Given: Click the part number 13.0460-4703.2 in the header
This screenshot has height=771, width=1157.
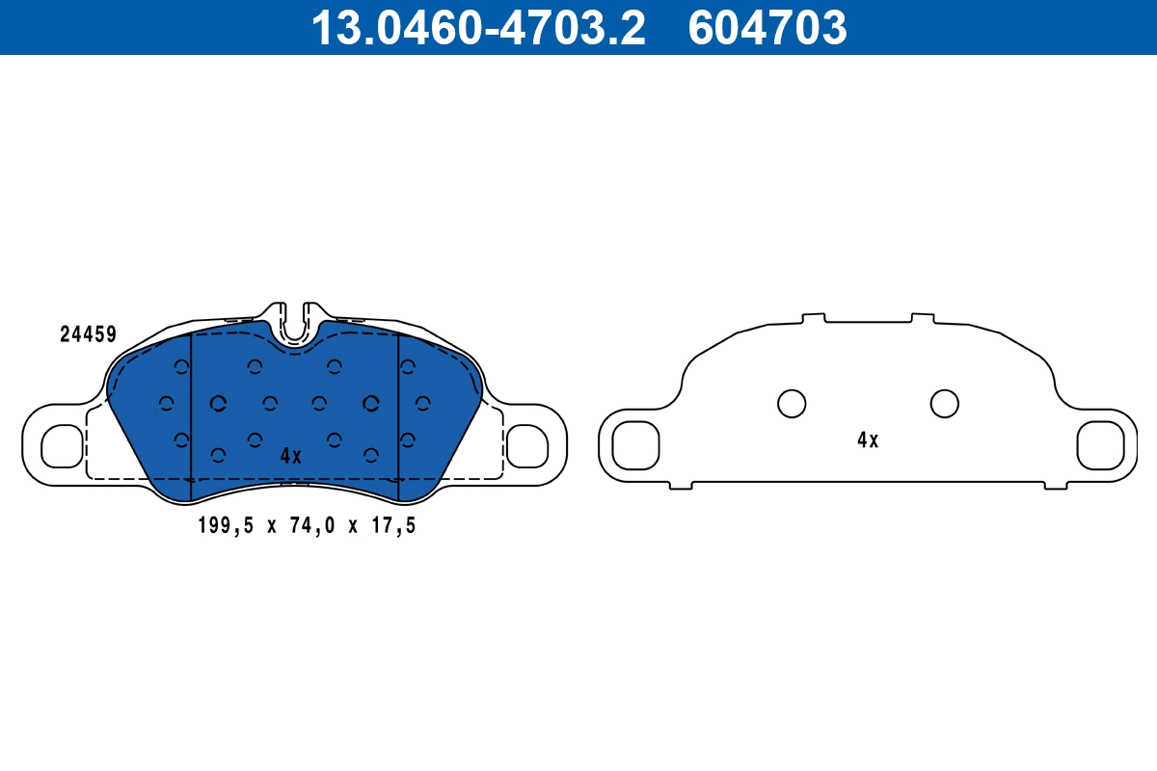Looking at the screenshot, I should point(476,27).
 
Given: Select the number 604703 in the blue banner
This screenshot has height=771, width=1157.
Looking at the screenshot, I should point(767,27).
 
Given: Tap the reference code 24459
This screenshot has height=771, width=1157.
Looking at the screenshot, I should point(88,334).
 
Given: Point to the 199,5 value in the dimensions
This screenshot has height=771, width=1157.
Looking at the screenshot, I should point(223,525).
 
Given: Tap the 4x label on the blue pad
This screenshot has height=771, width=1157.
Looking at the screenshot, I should point(290,456).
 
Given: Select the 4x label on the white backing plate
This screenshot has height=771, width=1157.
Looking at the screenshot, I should point(868,440).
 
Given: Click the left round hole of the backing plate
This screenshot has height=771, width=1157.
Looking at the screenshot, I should point(792,404).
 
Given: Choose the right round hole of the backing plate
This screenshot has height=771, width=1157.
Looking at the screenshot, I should point(944,404).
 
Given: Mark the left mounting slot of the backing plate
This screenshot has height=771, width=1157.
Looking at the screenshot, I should point(635,444).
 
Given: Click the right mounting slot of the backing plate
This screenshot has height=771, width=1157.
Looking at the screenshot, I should point(1100,444).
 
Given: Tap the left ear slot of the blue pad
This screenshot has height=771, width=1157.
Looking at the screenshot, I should point(63,445).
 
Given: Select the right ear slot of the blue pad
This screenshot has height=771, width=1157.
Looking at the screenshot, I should point(526,445).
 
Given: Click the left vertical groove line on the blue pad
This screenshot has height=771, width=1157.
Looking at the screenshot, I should point(192,414).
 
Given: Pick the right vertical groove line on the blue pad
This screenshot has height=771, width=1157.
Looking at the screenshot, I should point(398,414).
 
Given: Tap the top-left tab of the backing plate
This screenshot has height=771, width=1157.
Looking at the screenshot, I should point(814,316).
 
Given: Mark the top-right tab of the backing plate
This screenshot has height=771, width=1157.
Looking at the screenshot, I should point(923,316).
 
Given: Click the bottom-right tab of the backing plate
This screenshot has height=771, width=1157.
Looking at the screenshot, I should point(1058,486).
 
